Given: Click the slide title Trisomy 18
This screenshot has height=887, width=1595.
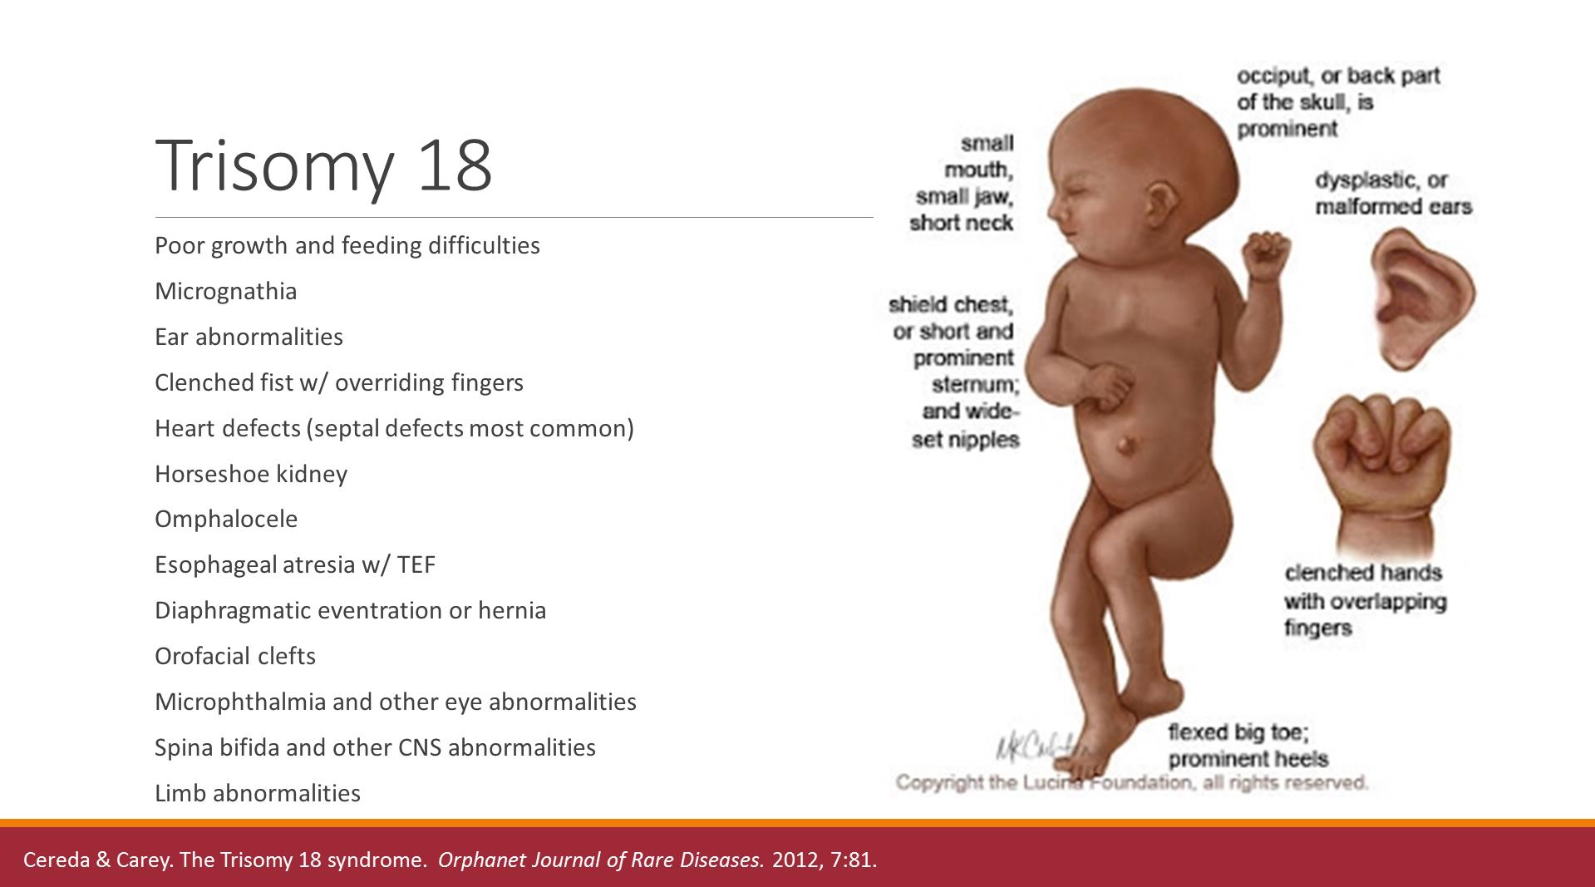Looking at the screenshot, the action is pyautogui.click(x=323, y=166).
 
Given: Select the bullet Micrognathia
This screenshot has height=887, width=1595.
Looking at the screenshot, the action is pyautogui.click(x=225, y=291).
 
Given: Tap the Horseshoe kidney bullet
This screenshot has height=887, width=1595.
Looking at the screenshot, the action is pyautogui.click(x=251, y=474).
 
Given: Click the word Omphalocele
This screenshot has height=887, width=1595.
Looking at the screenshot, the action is pyautogui.click(x=226, y=519).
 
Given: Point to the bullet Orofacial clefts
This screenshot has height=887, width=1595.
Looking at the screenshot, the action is pyautogui.click(x=235, y=656).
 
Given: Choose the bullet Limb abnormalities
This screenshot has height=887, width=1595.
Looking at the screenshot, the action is pyautogui.click(x=258, y=793).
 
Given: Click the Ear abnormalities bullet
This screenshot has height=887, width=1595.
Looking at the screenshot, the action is pyautogui.click(x=249, y=337).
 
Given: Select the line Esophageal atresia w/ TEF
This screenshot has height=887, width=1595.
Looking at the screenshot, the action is pyautogui.click(x=295, y=564).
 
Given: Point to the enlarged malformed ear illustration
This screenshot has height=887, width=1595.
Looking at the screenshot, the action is pyautogui.click(x=1422, y=297).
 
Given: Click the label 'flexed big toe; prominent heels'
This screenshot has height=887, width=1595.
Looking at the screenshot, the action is pyautogui.click(x=1248, y=746).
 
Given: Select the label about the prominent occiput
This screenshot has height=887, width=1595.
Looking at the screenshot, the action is pyautogui.click(x=1338, y=102).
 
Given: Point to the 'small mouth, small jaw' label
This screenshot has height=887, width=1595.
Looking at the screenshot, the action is pyautogui.click(x=962, y=183).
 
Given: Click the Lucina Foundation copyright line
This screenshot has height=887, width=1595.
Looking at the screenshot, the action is pyautogui.click(x=1131, y=782).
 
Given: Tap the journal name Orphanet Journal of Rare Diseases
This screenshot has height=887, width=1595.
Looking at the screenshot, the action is pyautogui.click(x=601, y=860).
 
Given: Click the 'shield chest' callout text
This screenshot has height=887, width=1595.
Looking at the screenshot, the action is pyautogui.click(x=954, y=372).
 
